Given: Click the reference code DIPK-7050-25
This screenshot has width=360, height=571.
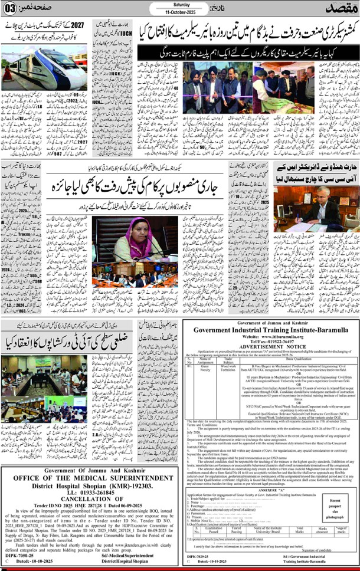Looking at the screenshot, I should click(x=22, y=554).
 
